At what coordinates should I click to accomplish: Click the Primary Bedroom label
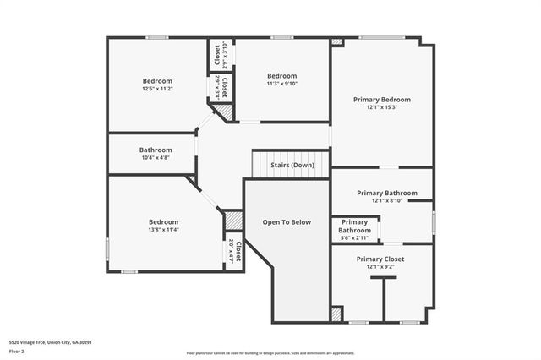coord(382,99)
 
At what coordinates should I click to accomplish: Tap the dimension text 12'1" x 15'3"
coord(382,107)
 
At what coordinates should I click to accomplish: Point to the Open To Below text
coord(287,222)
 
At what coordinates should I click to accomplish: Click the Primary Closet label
coord(380,259)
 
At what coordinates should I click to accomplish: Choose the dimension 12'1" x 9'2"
coord(380,267)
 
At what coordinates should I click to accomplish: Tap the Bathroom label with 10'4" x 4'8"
coord(156,150)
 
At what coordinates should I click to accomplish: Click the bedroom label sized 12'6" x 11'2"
coord(157,80)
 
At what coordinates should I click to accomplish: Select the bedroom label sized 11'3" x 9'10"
coord(281,75)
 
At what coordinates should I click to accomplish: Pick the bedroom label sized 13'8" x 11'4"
coord(163,221)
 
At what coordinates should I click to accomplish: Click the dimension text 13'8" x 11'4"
coord(163,229)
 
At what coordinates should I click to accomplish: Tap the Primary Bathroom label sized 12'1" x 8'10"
coord(382,193)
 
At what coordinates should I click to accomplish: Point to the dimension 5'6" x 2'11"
coord(354,238)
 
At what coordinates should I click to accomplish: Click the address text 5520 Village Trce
coord(50,342)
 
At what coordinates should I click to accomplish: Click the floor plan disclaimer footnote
coord(270,352)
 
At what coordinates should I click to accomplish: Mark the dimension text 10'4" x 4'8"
coord(156,158)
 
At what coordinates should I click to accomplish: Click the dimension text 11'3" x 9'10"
coord(281,83)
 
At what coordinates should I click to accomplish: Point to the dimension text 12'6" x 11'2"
coord(157,88)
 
